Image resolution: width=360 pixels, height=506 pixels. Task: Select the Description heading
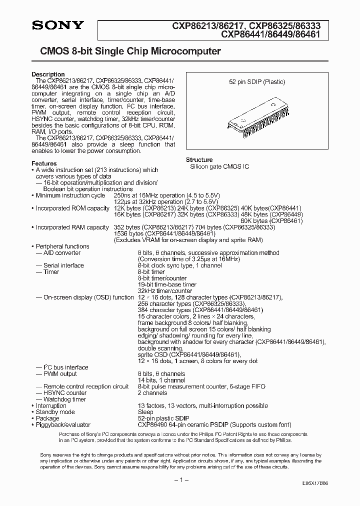tap(48, 74)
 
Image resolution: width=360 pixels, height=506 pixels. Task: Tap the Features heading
tap(44, 163)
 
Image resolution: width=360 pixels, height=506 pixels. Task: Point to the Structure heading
tap(199, 160)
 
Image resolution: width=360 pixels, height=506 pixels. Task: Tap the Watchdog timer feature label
tap(64, 399)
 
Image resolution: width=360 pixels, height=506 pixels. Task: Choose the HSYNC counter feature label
tap(64, 392)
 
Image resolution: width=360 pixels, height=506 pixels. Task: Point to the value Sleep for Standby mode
tap(145, 412)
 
